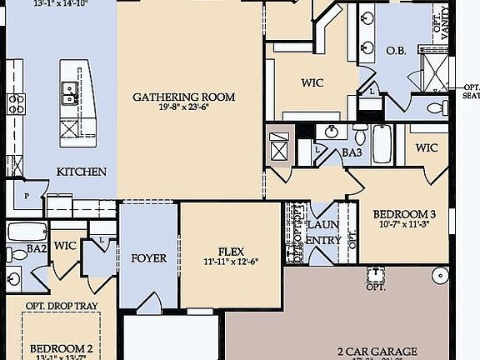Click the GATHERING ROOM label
tap(183, 97)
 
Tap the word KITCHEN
tap(81, 172)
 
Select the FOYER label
tap(148, 257)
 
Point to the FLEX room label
tap(230, 251)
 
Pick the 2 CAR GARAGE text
tap(377, 352)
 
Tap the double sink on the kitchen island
tap(68, 92)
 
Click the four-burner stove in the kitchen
tap(16, 103)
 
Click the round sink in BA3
tap(332, 131)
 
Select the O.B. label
tap(396, 51)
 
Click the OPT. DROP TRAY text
tap(62, 306)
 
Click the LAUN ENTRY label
tap(323, 232)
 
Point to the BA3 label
tap(352, 152)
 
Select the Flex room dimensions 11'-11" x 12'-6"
tap(230, 262)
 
